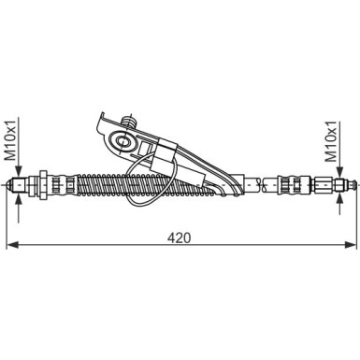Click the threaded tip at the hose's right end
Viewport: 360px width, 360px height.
(x=340, y=183)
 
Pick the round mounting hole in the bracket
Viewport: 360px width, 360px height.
(x=122, y=143)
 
